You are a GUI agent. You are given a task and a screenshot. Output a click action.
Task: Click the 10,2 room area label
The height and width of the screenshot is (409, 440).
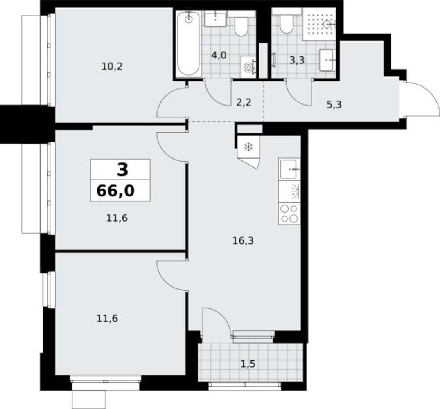[x=112, y=67]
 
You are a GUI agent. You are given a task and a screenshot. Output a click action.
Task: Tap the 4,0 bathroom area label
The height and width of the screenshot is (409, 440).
[x=219, y=55]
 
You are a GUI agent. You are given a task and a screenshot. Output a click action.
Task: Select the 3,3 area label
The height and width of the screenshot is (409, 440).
[x=297, y=60]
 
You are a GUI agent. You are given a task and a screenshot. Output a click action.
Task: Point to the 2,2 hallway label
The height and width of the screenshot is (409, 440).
[x=244, y=103]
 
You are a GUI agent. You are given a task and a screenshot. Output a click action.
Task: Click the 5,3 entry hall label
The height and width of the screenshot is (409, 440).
[x=334, y=105]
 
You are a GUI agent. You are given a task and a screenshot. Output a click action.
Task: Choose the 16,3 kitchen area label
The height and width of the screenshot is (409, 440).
[x=243, y=240]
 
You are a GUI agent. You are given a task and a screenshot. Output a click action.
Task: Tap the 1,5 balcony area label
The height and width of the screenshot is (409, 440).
[x=248, y=364]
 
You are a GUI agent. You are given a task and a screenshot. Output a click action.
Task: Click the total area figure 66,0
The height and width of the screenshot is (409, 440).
[x=115, y=191]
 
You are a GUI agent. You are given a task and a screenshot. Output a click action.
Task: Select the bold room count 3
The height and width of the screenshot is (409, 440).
[x=123, y=170]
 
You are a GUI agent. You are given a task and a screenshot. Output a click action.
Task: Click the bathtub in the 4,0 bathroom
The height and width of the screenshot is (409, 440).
[x=189, y=43]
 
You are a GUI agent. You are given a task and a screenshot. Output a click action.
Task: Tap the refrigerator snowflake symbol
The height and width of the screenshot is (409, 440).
[x=248, y=146]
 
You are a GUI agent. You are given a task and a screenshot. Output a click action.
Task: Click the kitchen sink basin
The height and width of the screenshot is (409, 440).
[x=289, y=169]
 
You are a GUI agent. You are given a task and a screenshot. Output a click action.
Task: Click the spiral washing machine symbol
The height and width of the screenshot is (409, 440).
[x=248, y=67]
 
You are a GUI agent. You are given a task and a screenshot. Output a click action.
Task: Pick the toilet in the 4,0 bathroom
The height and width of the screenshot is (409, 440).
[x=241, y=27]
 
